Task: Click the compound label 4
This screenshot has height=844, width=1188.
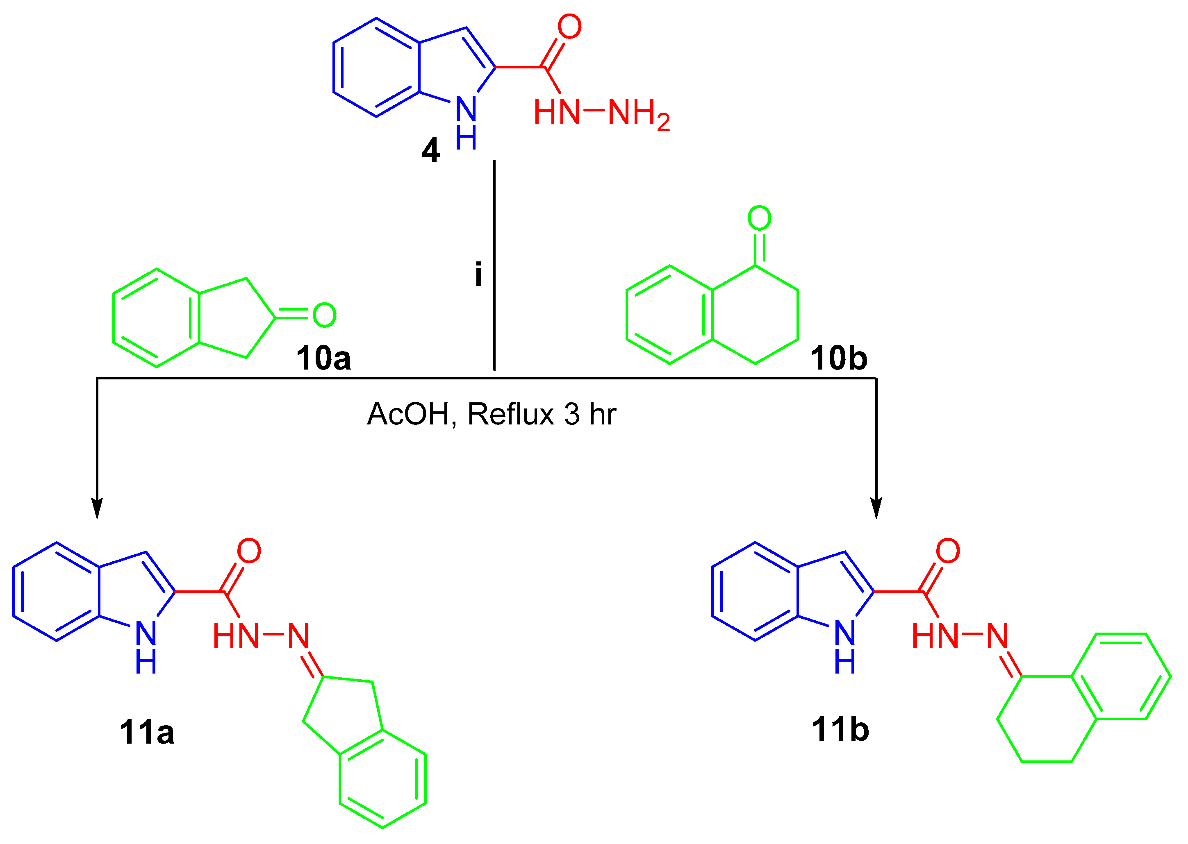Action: pyautogui.click(x=430, y=151)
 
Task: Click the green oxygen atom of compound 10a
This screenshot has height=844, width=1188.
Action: pyautogui.click(x=324, y=315)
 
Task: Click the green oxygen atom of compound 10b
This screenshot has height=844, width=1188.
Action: pyautogui.click(x=759, y=218)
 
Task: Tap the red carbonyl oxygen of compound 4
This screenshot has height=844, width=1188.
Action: pyautogui.click(x=569, y=27)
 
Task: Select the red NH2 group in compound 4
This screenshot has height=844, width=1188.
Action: pyautogui.click(x=638, y=113)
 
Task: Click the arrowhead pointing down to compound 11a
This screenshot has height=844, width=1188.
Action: pyautogui.click(x=97, y=509)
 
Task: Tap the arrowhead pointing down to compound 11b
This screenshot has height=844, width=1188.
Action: pyautogui.click(x=876, y=509)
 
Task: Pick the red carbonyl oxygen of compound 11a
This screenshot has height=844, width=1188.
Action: pyautogui.click(x=249, y=551)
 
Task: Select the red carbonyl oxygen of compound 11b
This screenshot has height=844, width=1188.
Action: pyautogui.click(x=948, y=551)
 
